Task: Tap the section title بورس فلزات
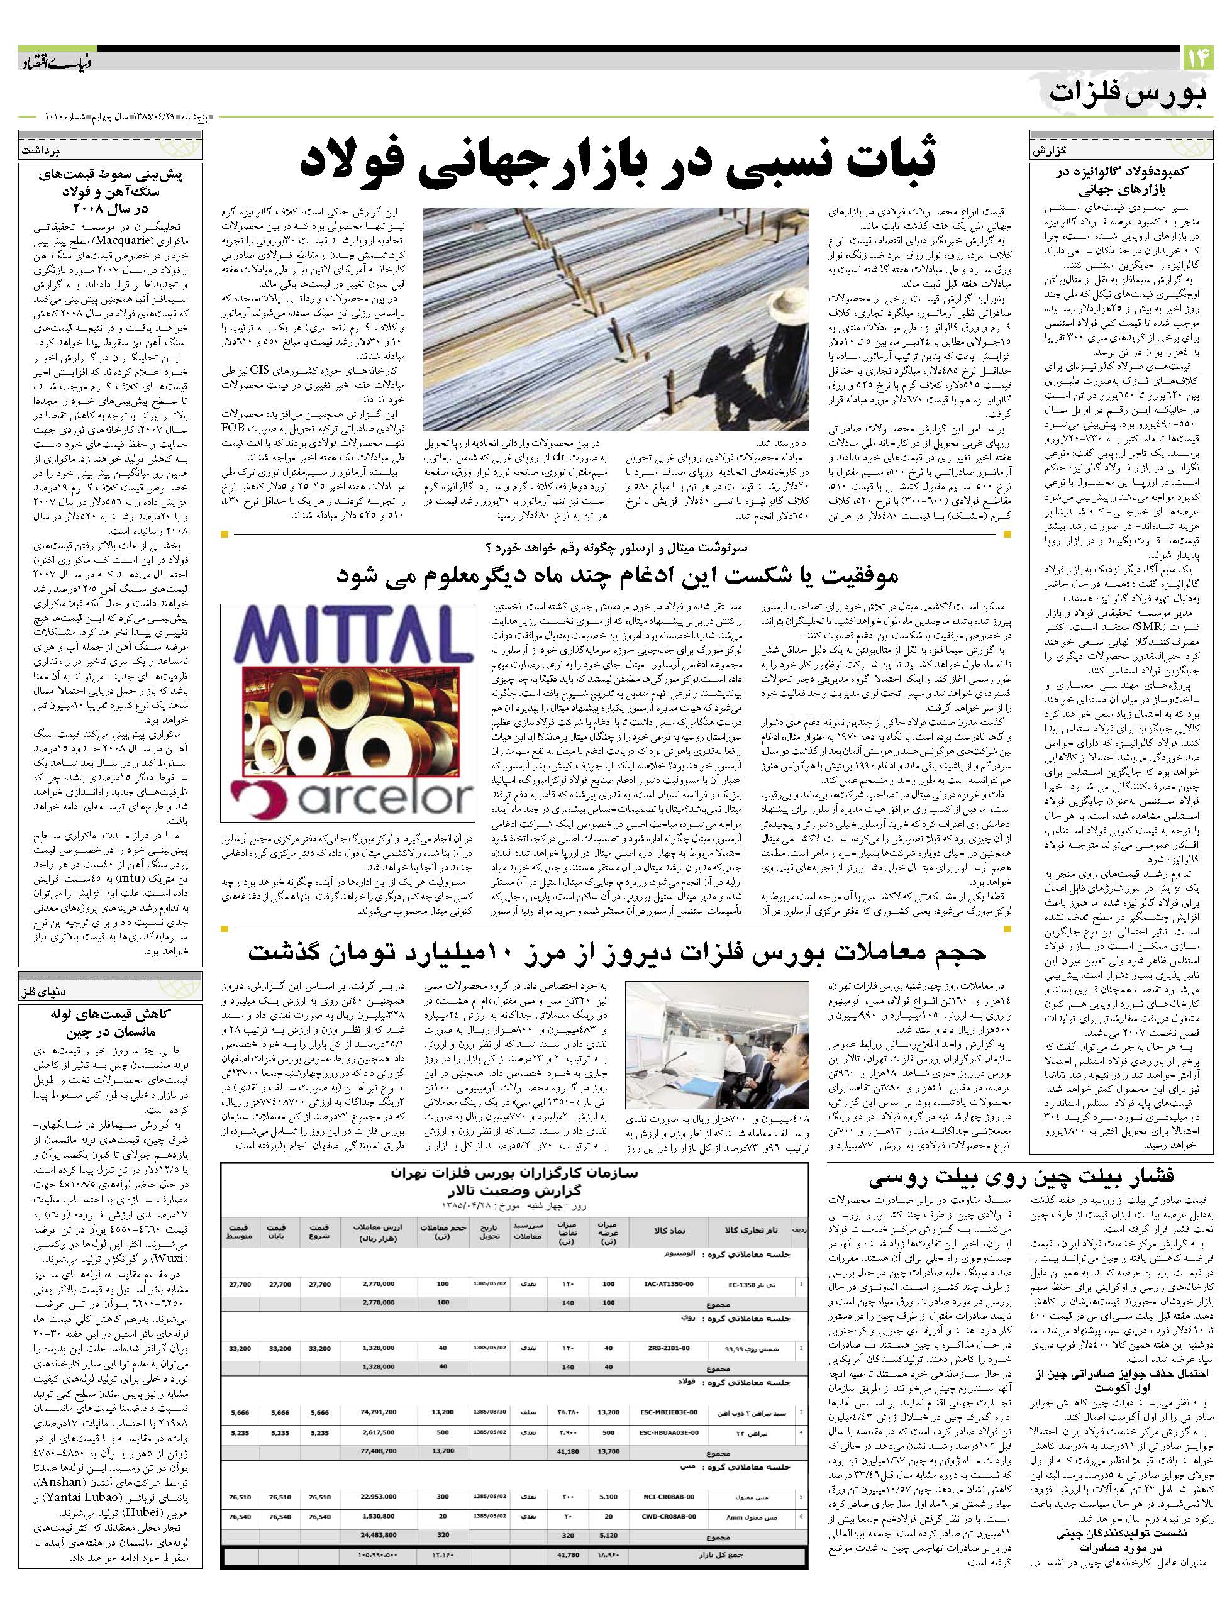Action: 1130,94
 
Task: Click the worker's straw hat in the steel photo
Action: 781,282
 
